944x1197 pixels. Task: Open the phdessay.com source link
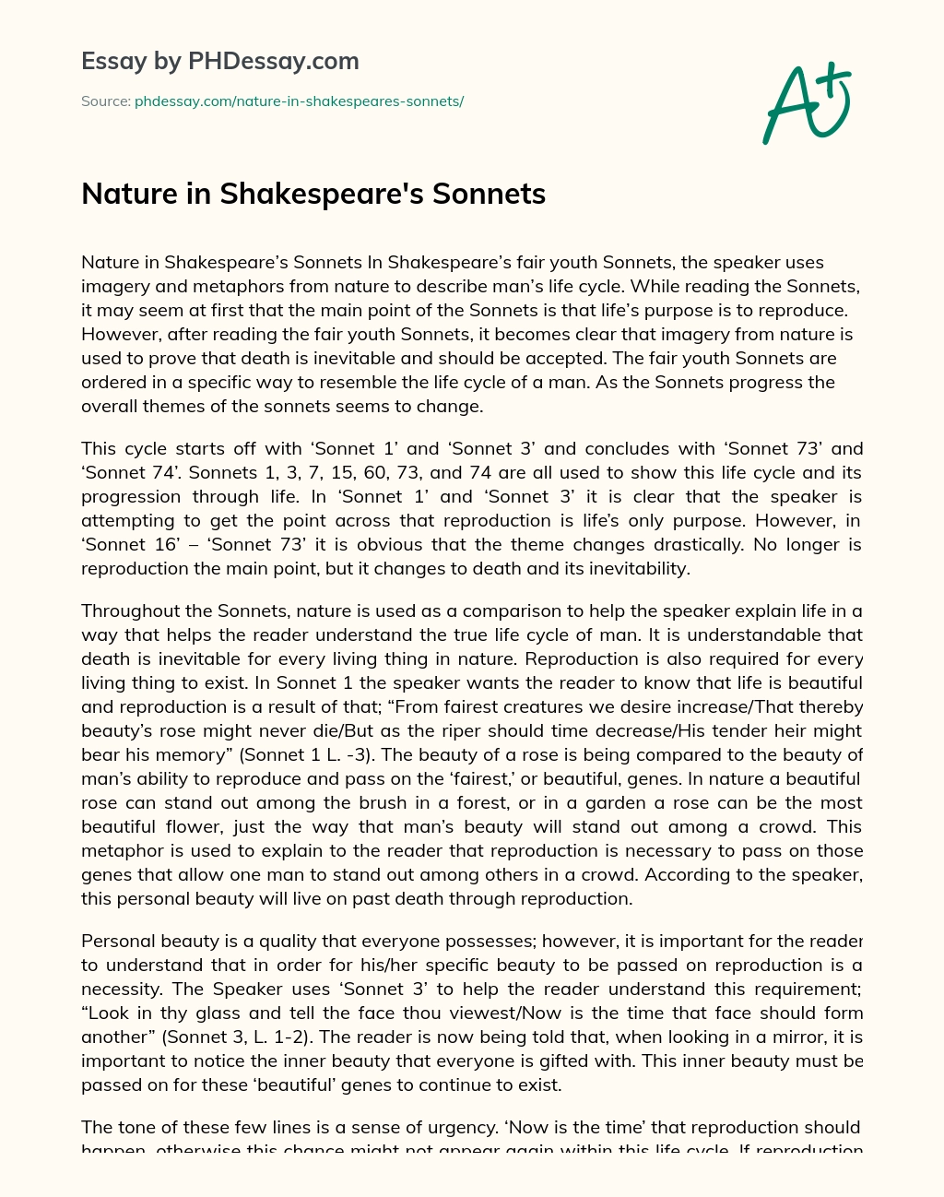pyautogui.click(x=299, y=101)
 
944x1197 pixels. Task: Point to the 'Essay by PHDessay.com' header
pyautogui.click(x=219, y=61)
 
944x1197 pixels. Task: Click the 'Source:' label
pyautogui.click(x=105, y=101)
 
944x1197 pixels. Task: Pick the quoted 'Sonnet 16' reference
pyautogui.click(x=119, y=545)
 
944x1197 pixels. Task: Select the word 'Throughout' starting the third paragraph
pyautogui.click(x=131, y=611)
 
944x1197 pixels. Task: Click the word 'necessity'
pyautogui.click(x=124, y=990)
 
